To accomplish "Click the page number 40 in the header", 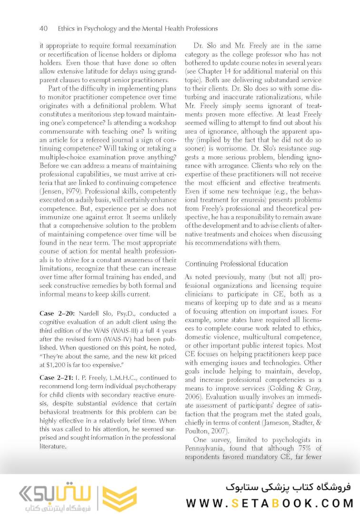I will [43, 29].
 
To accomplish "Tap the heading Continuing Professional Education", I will [236, 264].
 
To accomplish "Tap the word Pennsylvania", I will [208, 448].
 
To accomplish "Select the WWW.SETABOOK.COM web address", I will [270, 503].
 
